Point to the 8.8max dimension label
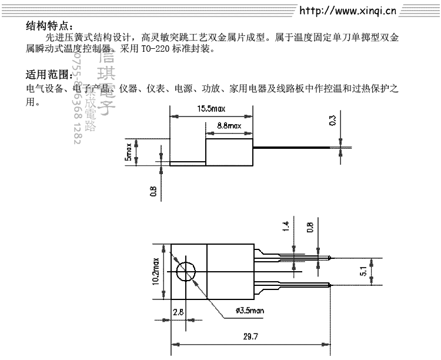click(x=229, y=126)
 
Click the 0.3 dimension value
click(x=333, y=120)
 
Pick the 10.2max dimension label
click(x=156, y=271)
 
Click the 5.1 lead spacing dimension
click(x=379, y=272)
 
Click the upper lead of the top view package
click(x=294, y=257)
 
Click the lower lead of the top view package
click(x=294, y=286)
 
